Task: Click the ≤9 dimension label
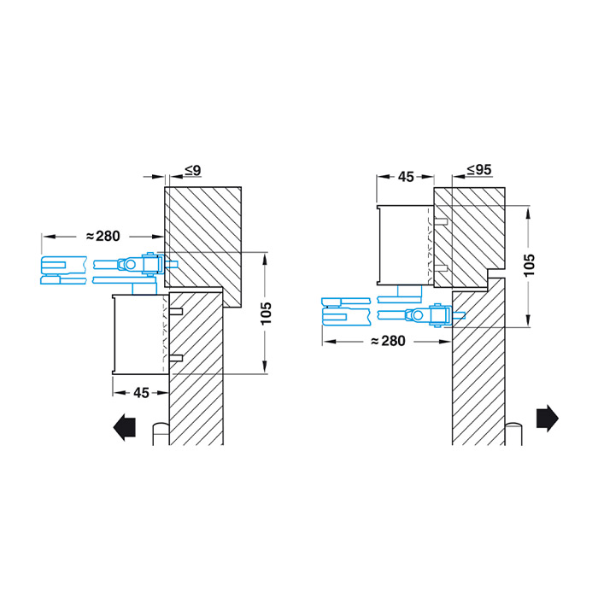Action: [x=193, y=171]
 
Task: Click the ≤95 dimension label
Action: [x=479, y=170]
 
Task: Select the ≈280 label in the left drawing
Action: [x=103, y=236]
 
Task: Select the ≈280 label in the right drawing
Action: [x=388, y=341]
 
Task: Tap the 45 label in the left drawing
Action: [x=141, y=393]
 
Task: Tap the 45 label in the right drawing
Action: [x=406, y=177]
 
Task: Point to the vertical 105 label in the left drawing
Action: [x=267, y=314]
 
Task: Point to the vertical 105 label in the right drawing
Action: [x=530, y=265]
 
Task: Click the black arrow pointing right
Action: [x=548, y=418]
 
